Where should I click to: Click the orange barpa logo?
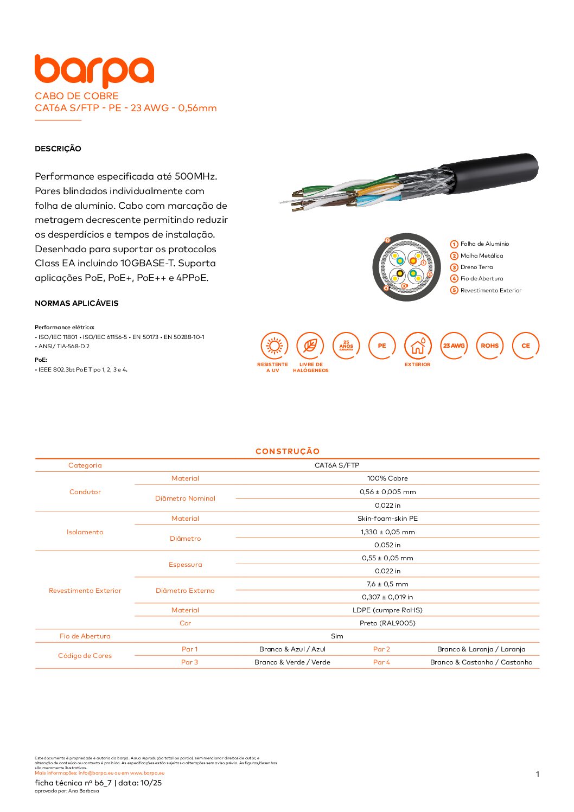(94, 71)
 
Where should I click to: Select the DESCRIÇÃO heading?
(58, 149)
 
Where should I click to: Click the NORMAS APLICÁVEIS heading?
(76, 303)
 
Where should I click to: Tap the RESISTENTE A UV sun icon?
(275, 346)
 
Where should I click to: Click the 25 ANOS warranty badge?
(346, 346)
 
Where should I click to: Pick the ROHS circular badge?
(489, 346)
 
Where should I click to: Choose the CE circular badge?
(525, 346)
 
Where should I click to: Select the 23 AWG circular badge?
(454, 346)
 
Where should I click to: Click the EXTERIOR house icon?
(418, 346)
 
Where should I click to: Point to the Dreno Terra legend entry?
(476, 267)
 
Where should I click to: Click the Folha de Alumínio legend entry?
(484, 244)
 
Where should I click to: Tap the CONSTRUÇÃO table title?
(288, 451)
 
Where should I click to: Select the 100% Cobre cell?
(387, 478)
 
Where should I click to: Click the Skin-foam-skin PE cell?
(387, 519)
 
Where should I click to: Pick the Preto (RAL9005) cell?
(387, 623)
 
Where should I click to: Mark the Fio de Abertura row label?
(85, 636)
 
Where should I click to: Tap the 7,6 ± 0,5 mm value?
(387, 584)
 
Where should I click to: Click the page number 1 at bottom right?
(538, 774)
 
